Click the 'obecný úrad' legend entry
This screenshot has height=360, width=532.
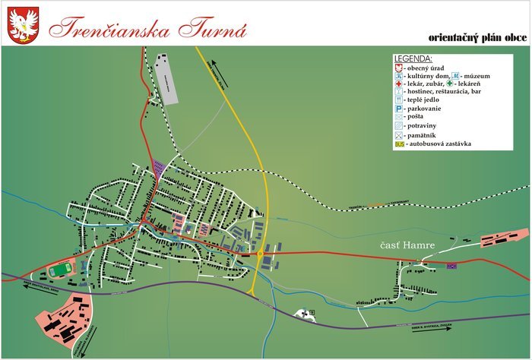(x=426, y=68)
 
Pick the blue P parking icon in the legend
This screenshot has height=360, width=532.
(x=398, y=109)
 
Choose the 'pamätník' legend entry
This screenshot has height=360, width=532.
(x=426, y=134)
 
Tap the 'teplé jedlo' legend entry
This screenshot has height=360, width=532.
(x=425, y=99)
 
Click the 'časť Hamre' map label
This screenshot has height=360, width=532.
(x=407, y=246)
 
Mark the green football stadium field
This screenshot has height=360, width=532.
(x=59, y=269)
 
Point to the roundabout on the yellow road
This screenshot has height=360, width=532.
(x=260, y=253)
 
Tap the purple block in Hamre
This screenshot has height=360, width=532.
(x=452, y=265)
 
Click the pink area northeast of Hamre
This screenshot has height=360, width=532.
(x=503, y=238)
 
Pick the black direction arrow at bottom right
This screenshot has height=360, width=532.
(x=426, y=330)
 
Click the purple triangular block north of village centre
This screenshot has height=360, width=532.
(x=159, y=168)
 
